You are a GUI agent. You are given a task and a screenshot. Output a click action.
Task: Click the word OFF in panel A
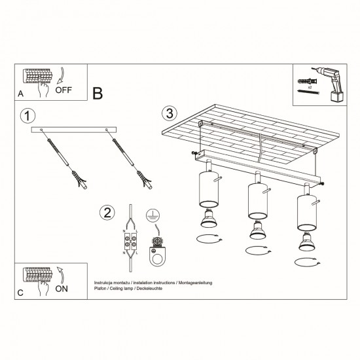coord(64,90)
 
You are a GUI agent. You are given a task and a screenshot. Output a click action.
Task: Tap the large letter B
coord(98,93)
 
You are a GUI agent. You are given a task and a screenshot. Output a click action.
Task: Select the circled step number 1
coord(26,117)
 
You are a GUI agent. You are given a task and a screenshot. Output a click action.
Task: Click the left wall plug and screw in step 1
coord(65,158)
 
